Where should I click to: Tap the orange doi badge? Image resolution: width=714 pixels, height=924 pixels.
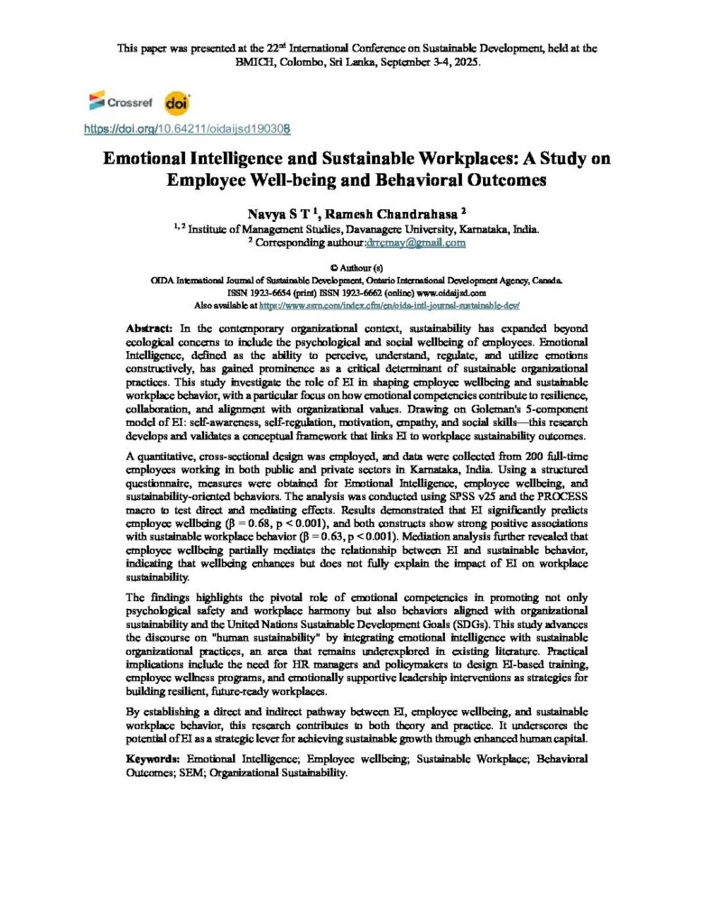point(177,102)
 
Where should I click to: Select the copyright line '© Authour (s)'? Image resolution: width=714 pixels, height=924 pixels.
point(357,268)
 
